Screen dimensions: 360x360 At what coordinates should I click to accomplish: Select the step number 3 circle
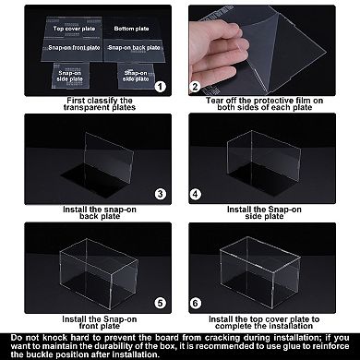(x=159, y=194)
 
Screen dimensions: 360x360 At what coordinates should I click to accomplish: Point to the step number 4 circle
(x=196, y=194)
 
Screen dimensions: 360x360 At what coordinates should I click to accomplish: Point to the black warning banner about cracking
(x=180, y=345)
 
